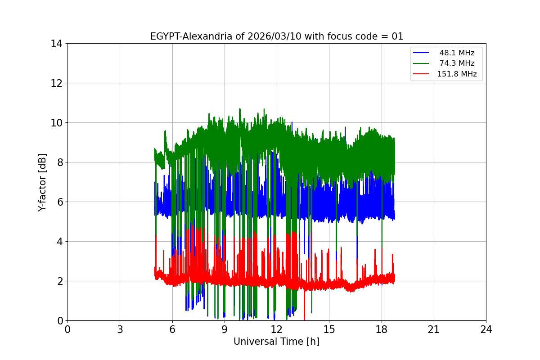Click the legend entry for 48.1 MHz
(x=457, y=53)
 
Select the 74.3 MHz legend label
(x=457, y=63)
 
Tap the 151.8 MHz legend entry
(x=457, y=74)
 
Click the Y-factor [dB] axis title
(x=42, y=182)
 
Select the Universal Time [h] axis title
(x=276, y=342)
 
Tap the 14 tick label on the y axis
(x=56, y=44)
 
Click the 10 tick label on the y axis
(x=56, y=123)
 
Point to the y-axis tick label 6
(x=59, y=202)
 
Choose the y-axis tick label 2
(x=59, y=281)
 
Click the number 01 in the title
(x=397, y=36)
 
